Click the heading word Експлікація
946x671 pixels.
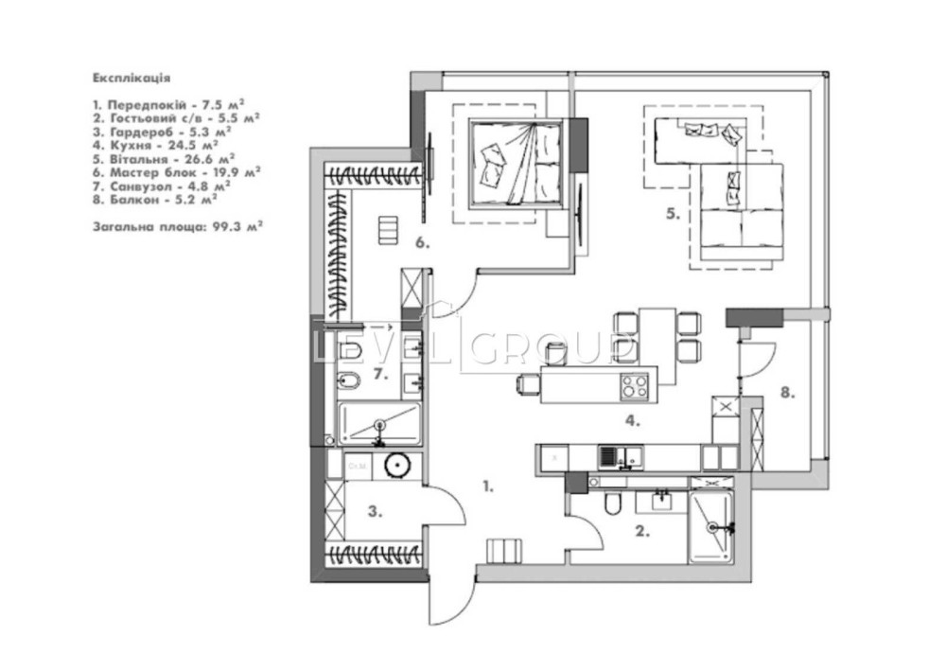pyautogui.click(x=131, y=78)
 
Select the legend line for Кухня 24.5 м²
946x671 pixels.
pyautogui.click(x=156, y=146)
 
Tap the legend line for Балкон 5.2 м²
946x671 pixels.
pyautogui.click(x=155, y=199)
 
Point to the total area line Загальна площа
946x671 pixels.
pyautogui.click(x=178, y=227)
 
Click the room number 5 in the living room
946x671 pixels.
pyautogui.click(x=674, y=214)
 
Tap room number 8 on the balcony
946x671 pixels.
pyautogui.click(x=787, y=393)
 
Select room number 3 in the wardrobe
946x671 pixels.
pyautogui.click(x=375, y=512)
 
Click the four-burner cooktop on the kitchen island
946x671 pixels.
pyautogui.click(x=635, y=385)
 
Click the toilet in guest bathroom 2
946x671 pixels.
pyautogui.click(x=612, y=503)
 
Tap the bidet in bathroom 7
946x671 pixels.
pyautogui.click(x=348, y=380)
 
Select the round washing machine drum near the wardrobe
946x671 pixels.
pyautogui.click(x=397, y=467)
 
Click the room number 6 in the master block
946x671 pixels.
pyautogui.click(x=422, y=243)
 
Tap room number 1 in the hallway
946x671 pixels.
pyautogui.click(x=488, y=486)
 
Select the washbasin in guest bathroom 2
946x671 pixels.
pyautogui.click(x=661, y=500)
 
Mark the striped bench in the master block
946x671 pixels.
pyautogui.click(x=389, y=230)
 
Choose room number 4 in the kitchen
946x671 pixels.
pyautogui.click(x=632, y=420)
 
